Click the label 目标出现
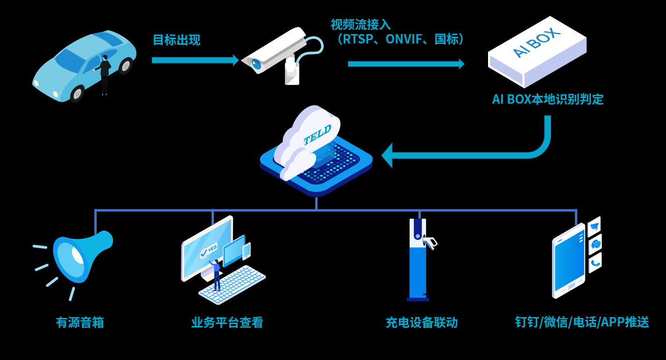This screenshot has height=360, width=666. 177,40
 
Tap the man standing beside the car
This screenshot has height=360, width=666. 105,75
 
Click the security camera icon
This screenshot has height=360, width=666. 276,54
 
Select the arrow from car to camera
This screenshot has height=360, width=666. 195,60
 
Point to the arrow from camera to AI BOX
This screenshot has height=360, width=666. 405,64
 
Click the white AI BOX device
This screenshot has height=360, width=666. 537,51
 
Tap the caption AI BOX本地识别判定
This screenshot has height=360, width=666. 547,99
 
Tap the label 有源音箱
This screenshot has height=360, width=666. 80,323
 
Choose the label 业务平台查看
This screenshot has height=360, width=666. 227,323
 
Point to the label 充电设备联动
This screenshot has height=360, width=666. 421,323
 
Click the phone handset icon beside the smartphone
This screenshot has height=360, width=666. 595,263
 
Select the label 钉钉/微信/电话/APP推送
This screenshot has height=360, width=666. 582,322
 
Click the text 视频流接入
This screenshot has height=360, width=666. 361,24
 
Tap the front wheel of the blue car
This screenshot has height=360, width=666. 77,94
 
